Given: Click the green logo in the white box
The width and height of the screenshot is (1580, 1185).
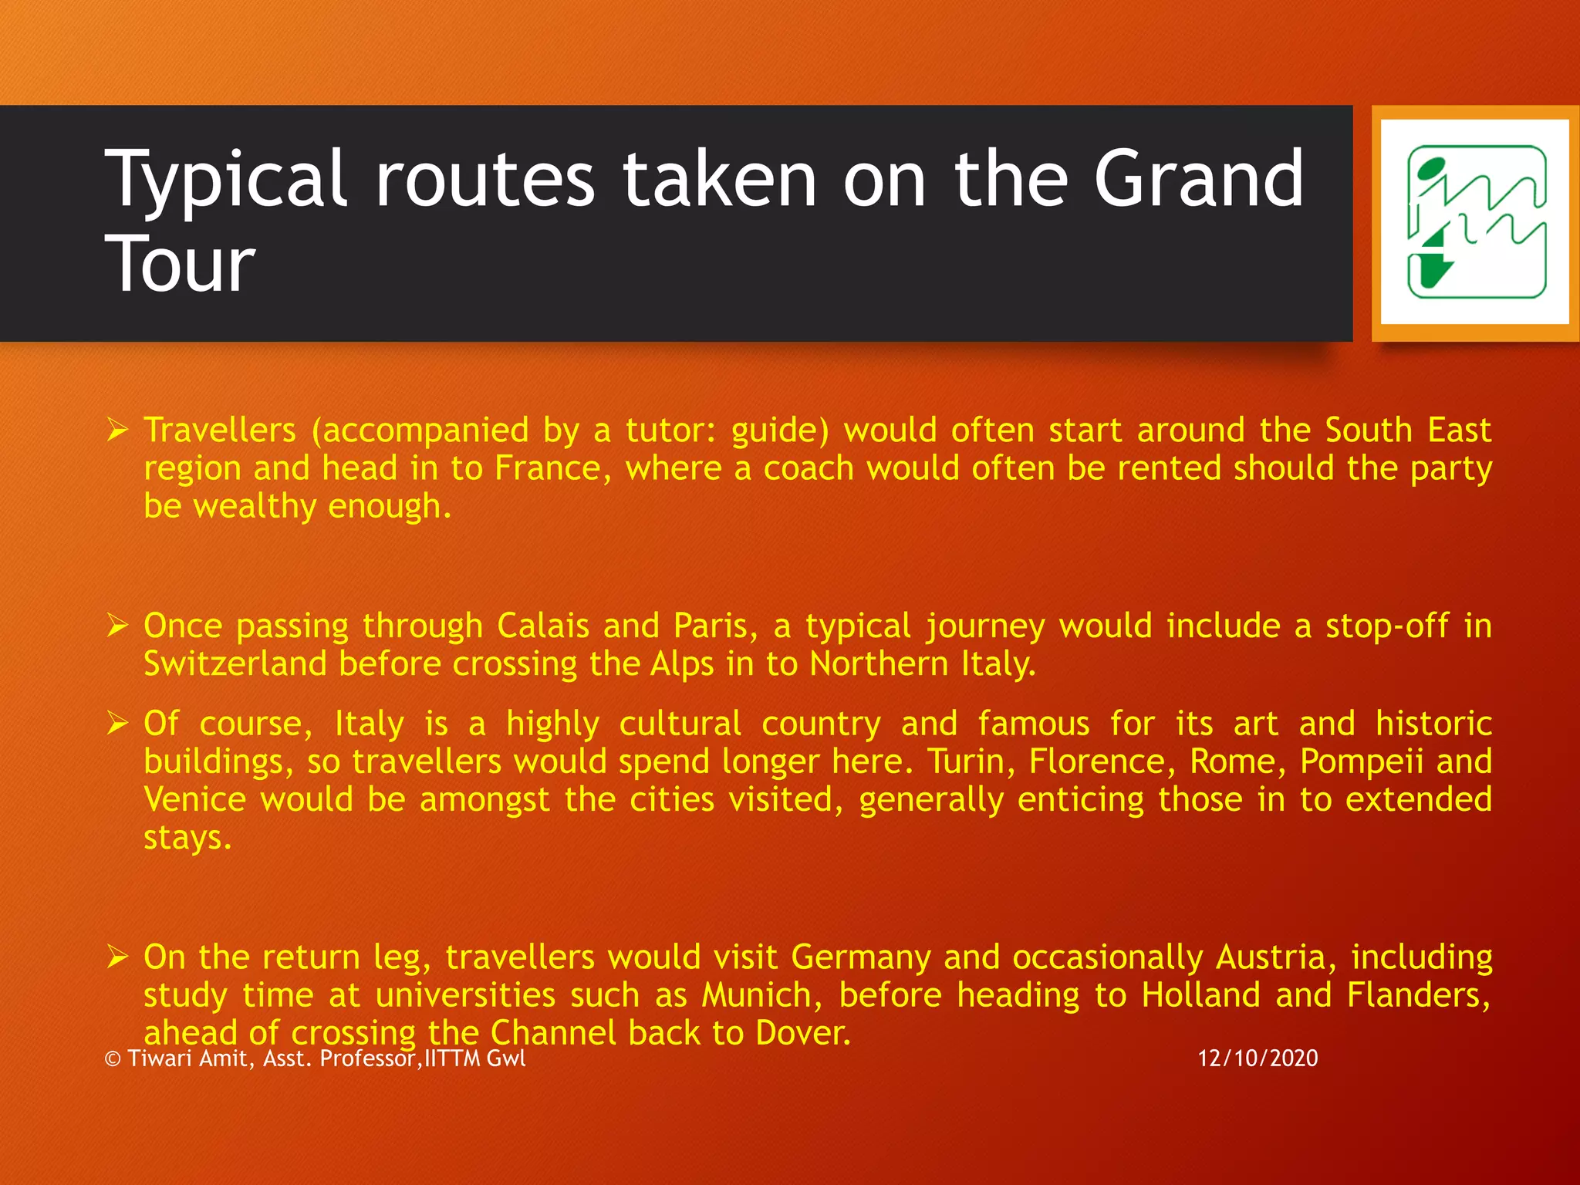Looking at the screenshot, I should tap(1476, 222).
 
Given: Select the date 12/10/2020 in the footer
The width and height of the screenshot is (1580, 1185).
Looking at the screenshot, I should tap(1258, 1058).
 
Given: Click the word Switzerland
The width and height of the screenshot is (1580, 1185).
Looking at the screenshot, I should tap(235, 664).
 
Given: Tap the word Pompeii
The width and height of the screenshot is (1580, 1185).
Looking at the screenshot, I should tap(1362, 761).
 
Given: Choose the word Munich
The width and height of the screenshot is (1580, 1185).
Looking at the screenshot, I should tap(756, 995).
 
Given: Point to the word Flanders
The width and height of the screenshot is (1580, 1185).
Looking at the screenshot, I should tap(1416, 995).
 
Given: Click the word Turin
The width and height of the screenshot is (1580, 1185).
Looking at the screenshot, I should tap(971, 761).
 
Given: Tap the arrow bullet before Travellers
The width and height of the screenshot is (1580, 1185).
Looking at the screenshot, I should tap(117, 430).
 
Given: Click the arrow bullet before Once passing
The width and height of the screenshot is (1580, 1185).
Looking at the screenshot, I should tap(117, 626).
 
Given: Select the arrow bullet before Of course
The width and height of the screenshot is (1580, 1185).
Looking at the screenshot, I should tap(117, 724).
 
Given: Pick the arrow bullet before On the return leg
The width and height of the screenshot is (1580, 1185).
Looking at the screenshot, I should tap(117, 957).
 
